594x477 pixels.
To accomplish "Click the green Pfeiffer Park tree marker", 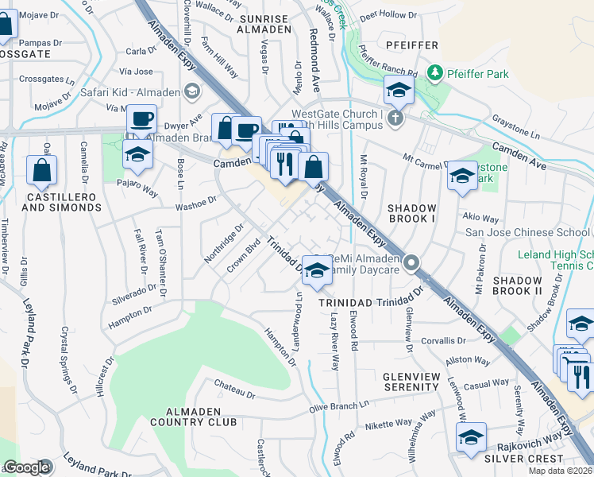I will pyautogui.click(x=434, y=73).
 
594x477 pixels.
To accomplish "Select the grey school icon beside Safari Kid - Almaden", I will pyautogui.click(x=191, y=91).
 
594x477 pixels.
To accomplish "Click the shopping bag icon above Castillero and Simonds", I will pyautogui.click(x=41, y=169).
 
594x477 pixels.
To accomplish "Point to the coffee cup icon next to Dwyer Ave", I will pyautogui.click(x=142, y=119).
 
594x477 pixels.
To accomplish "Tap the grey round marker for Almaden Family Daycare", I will pyautogui.click(x=411, y=262).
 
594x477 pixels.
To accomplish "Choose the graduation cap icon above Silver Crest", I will pyautogui.click(x=470, y=438).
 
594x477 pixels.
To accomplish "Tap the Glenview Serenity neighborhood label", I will pyautogui.click(x=399, y=381).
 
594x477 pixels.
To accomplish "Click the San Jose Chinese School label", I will pyautogui.click(x=527, y=232).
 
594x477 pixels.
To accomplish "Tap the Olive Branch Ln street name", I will pyautogui.click(x=341, y=406).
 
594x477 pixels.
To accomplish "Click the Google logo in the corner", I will pyautogui.click(x=26, y=467).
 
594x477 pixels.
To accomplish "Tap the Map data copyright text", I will pyautogui.click(x=561, y=471).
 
